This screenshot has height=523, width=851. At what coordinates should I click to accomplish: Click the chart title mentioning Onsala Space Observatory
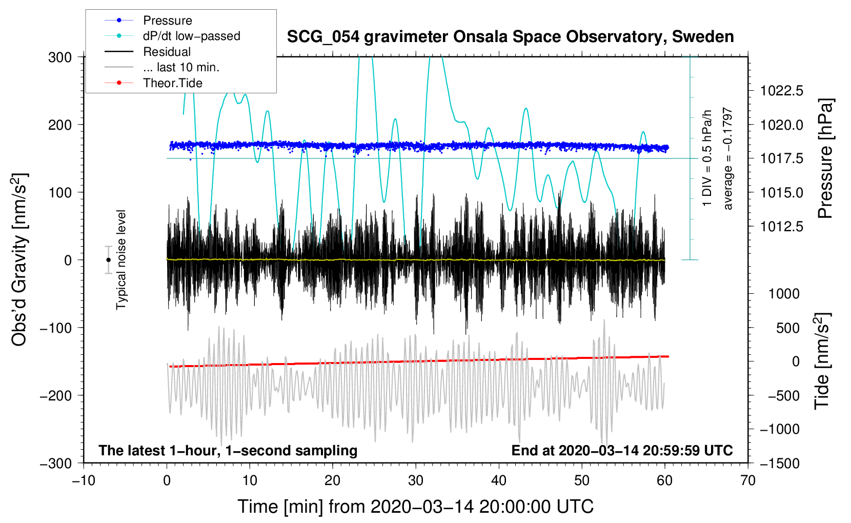point(510,37)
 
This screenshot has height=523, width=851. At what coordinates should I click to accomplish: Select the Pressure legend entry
point(167,21)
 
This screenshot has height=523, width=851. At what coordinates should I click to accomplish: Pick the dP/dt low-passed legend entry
point(191,36)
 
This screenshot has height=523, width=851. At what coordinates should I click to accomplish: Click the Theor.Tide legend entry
point(172,83)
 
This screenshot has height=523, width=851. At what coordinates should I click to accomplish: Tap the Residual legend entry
point(167,52)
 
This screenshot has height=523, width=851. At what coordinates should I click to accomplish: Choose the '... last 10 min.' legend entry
point(181,67)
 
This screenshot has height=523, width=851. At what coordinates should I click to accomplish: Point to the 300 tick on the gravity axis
point(60,57)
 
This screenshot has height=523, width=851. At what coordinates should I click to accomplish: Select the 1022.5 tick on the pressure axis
point(781,91)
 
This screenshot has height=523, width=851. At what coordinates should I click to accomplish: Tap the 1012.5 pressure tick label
point(781,227)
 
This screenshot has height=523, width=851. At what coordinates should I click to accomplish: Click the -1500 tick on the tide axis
point(779,464)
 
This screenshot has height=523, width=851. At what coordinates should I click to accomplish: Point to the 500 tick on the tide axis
point(787,328)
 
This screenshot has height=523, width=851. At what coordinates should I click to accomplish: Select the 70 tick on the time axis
point(748,481)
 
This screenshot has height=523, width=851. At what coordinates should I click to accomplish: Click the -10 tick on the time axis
point(84,481)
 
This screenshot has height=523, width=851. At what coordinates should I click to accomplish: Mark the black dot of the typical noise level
point(109,260)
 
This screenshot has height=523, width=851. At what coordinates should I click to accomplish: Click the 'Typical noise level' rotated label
point(121,259)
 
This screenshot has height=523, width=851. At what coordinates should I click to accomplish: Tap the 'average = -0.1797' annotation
point(728,158)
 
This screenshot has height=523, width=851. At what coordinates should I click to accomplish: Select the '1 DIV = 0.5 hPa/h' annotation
point(707,157)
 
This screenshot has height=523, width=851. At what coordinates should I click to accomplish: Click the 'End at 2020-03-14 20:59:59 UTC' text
point(622,451)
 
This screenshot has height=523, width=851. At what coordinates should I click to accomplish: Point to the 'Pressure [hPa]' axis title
point(825,158)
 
